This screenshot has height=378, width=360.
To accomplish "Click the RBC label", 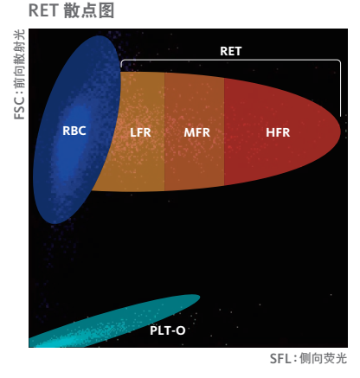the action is click(74, 131).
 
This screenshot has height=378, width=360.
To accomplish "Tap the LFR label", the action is click(140, 132).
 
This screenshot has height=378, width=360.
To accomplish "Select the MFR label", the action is click(197, 132).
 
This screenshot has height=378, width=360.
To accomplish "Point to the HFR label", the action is click(278, 132).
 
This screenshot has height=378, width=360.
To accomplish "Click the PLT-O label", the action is click(168, 330).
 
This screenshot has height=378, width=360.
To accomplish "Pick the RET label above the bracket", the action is click(230, 51).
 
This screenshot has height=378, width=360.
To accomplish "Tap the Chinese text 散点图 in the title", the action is click(89, 10).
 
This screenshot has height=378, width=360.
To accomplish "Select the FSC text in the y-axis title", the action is click(20, 110).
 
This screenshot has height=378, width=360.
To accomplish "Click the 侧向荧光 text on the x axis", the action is click(323, 359).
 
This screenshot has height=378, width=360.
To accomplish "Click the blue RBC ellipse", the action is click(77, 130).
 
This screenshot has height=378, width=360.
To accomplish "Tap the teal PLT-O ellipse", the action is click(115, 320).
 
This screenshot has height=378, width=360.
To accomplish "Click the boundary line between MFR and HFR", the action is click(224, 131).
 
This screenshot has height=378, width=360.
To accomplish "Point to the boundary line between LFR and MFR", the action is click(164, 131).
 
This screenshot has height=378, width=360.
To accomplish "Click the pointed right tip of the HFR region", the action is click(341, 131).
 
